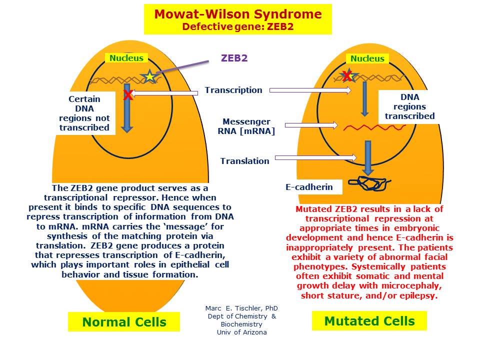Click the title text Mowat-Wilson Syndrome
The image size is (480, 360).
click(x=237, y=14)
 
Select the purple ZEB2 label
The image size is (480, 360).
click(x=234, y=58)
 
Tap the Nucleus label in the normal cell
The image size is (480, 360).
click(x=126, y=58)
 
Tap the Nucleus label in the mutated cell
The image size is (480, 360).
click(x=367, y=58)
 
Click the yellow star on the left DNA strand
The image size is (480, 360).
click(x=149, y=76)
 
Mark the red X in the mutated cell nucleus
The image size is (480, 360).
click(x=346, y=76)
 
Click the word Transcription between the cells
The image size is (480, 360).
click(x=233, y=90)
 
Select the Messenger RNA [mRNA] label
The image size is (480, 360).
click(x=246, y=126)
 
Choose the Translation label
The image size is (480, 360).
click(x=244, y=160)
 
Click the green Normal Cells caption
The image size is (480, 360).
click(x=124, y=322)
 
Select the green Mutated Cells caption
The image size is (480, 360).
click(x=369, y=320)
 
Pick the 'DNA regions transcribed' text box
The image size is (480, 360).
click(x=409, y=106)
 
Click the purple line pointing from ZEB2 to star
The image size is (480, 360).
click(x=182, y=67)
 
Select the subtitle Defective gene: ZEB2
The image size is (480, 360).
click(x=237, y=26)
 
